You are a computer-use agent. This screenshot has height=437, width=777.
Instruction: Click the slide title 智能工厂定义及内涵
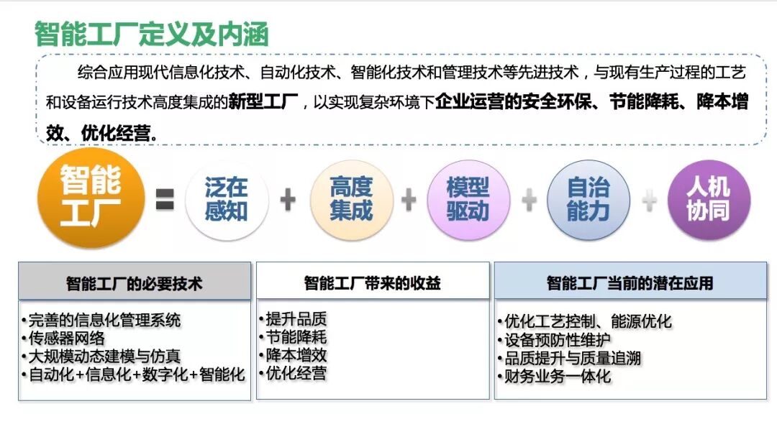point(152,34)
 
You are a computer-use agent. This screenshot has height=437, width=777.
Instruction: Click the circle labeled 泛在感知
point(226,200)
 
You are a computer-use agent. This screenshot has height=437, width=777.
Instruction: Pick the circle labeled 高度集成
point(351,200)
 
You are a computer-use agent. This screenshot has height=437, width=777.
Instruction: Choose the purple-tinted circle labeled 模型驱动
point(468,200)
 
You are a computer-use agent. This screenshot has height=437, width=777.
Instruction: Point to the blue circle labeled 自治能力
point(588,200)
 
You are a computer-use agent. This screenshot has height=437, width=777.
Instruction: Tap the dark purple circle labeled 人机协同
point(708,200)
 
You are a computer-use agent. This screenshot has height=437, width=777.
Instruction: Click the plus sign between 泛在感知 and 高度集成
point(288,200)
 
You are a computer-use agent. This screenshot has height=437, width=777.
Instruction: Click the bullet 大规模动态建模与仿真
point(104,356)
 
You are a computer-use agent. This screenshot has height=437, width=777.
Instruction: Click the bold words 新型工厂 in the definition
point(263,102)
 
